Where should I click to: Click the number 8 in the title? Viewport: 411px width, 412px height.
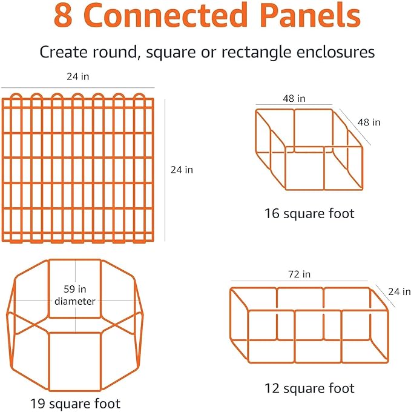point(65,16)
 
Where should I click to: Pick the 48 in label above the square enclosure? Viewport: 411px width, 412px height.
point(294,98)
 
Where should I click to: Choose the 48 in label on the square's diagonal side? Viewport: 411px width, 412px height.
point(369,122)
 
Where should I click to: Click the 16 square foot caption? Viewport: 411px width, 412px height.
point(309,213)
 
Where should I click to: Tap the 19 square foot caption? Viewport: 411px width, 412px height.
point(76,404)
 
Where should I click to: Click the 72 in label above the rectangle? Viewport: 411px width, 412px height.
point(299,274)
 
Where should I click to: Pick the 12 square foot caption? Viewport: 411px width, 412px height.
point(309,388)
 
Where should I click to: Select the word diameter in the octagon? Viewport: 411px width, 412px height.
point(76,301)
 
